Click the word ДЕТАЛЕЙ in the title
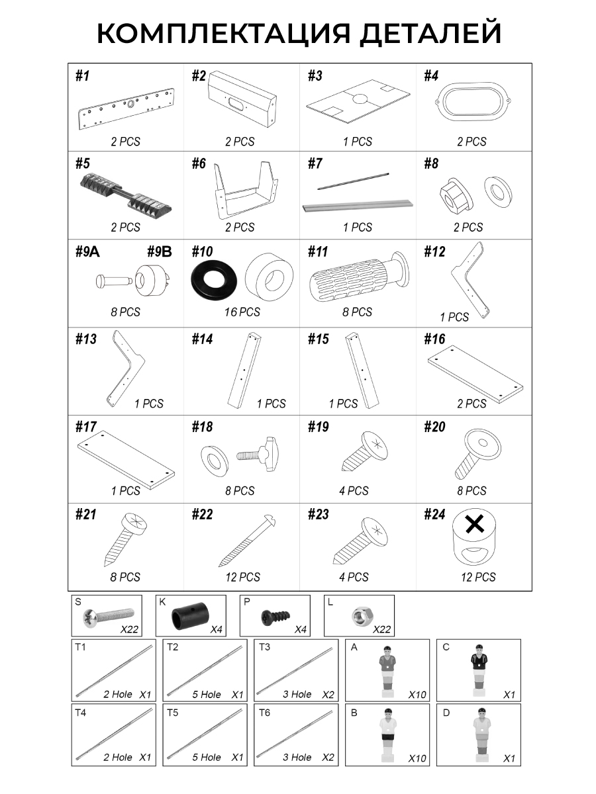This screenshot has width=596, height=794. click(x=430, y=32)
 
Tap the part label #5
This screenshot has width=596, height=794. click(x=83, y=163)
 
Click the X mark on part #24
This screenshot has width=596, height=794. click(x=475, y=525)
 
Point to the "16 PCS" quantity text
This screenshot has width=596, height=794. click(x=242, y=312)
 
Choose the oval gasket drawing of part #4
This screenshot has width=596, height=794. click(x=473, y=101)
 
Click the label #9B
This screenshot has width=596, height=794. click(x=159, y=251)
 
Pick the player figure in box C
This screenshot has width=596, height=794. click(x=478, y=670)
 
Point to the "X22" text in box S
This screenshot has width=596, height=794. click(x=129, y=630)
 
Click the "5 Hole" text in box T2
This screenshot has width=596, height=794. click(x=206, y=695)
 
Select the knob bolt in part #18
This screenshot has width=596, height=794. click(x=258, y=454)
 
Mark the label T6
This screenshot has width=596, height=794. click(x=264, y=713)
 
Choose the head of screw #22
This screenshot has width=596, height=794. click(x=270, y=520)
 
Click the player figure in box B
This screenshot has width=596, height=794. click(x=387, y=734)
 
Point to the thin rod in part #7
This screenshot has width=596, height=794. click(x=353, y=181)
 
